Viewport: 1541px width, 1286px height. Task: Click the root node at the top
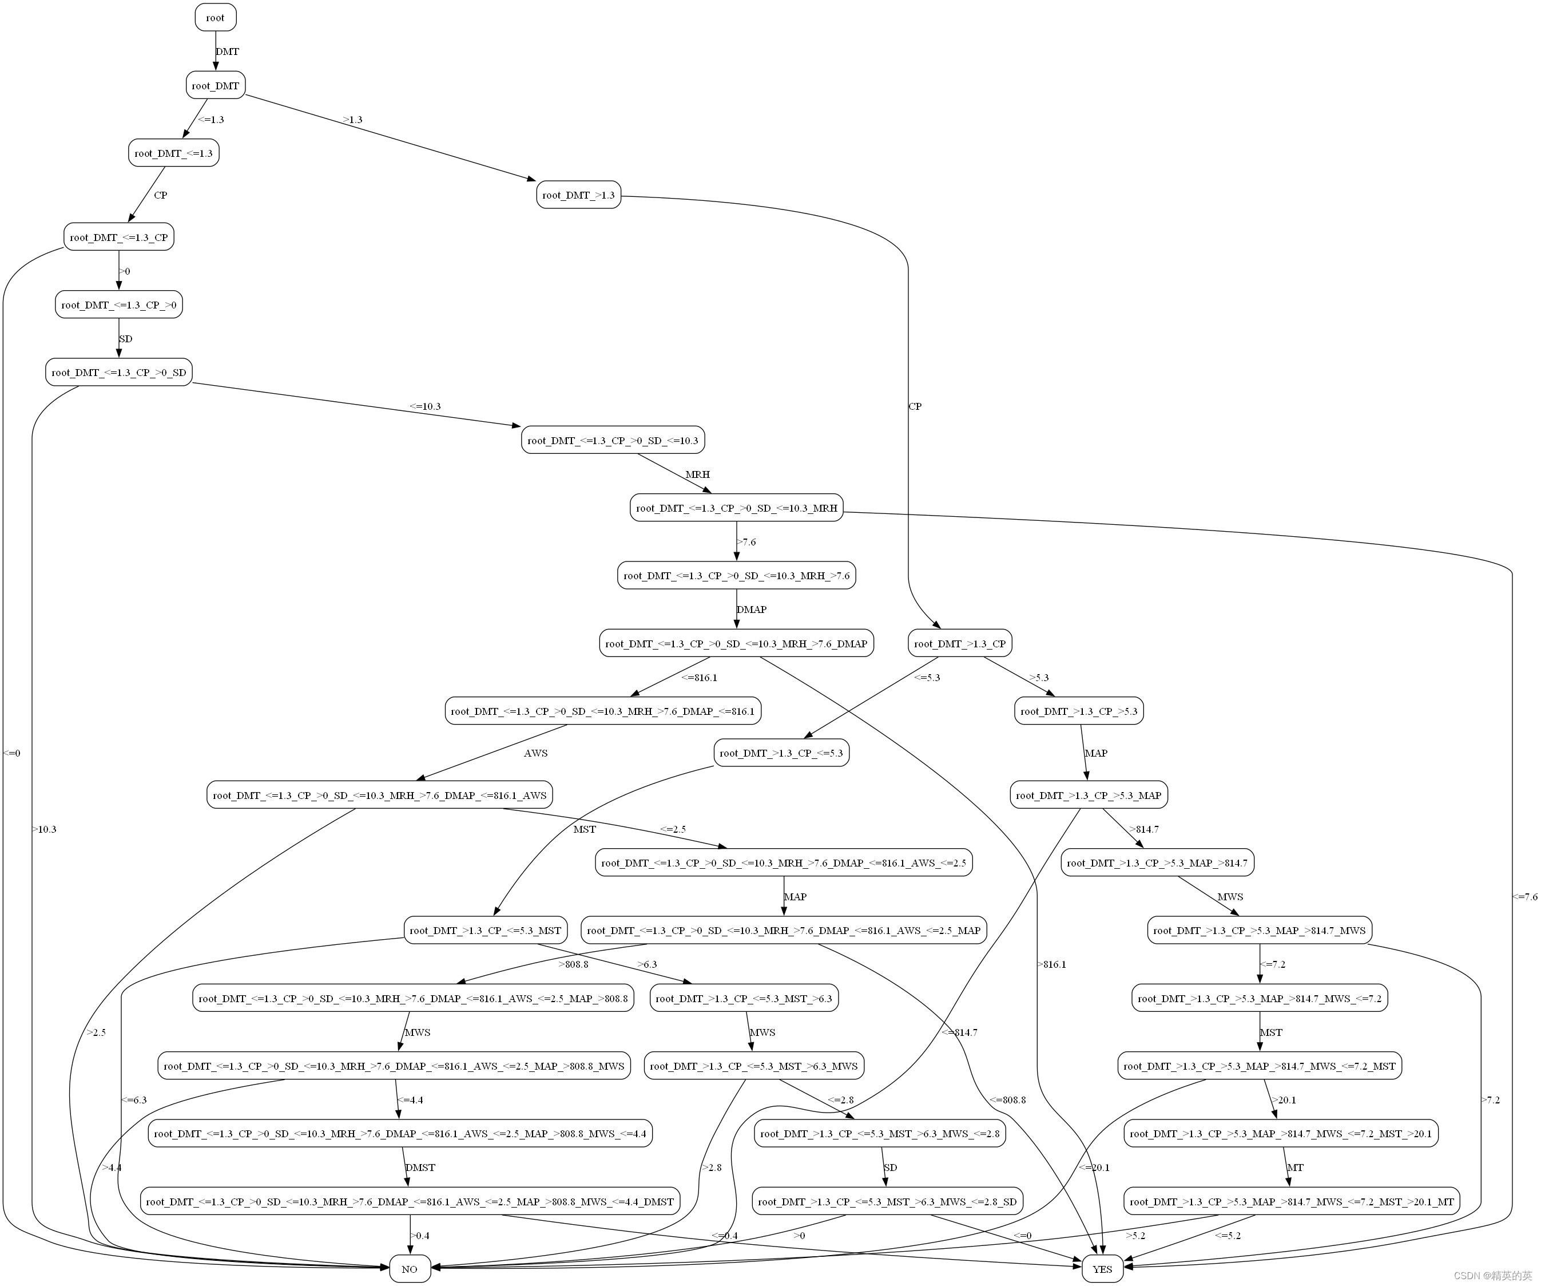pos(215,18)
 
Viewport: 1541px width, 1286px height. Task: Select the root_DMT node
pos(215,86)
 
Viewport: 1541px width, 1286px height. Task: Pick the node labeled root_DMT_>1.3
pos(578,195)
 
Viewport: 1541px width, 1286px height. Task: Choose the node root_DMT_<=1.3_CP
pos(119,237)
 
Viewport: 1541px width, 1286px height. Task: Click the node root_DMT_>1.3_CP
pos(960,644)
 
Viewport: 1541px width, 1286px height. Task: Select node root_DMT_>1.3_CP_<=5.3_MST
pos(485,931)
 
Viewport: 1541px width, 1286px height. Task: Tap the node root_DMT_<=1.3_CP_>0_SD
pos(119,373)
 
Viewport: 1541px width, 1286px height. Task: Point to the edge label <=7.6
pos(1524,897)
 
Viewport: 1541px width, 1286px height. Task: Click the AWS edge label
pos(535,753)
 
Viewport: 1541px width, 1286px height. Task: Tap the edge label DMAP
pos(752,610)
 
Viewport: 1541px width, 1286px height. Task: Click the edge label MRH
pos(698,475)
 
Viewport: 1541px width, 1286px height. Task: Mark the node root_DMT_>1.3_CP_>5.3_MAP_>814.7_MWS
pos(1259,931)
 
